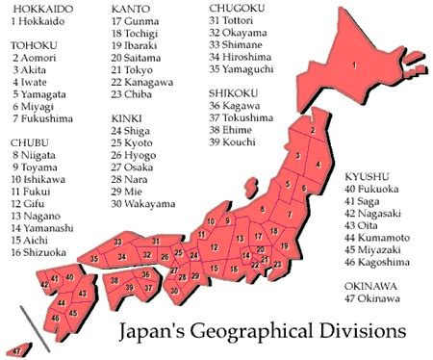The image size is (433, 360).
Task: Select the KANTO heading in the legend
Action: click(x=130, y=9)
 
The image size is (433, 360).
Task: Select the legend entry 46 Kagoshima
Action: click(x=383, y=261)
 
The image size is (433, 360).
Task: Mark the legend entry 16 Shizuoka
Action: click(x=38, y=252)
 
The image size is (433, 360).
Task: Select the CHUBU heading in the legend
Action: click(x=29, y=141)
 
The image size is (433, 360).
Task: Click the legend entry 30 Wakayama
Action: click(x=144, y=204)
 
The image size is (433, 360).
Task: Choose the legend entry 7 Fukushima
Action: click(x=43, y=118)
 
